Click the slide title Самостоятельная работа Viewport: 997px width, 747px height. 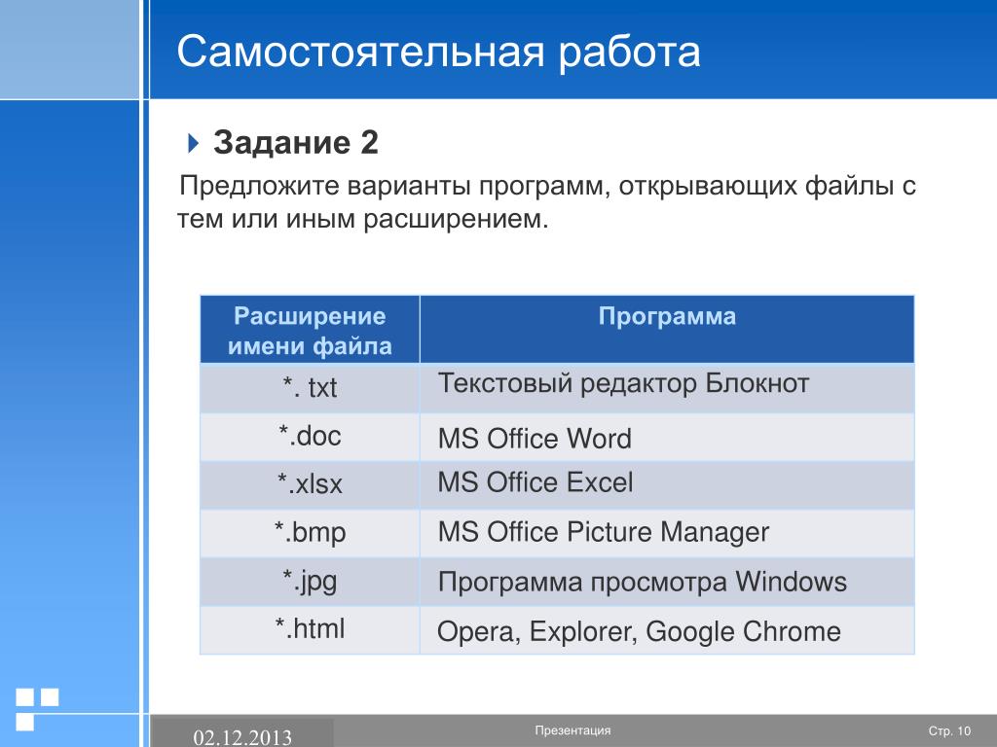tap(438, 52)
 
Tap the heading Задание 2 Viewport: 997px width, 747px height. tap(296, 142)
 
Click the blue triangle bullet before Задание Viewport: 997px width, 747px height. tap(194, 143)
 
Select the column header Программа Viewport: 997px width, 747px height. tap(667, 316)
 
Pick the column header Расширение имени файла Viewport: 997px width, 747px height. tap(310, 331)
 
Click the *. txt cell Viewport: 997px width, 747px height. tap(310, 387)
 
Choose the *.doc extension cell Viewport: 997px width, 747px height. tap(310, 436)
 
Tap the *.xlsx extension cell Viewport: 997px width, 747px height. tap(310, 484)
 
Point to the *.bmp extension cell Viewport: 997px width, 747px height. tap(310, 532)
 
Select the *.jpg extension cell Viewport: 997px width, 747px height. tap(310, 582)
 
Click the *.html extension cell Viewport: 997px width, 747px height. tap(310, 629)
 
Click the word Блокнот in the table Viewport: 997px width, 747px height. tap(757, 383)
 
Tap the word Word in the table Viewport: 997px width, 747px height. tap(599, 439)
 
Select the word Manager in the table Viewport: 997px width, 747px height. tap(715, 532)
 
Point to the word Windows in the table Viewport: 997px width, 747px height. tap(791, 582)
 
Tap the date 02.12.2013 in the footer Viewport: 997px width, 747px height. tap(242, 737)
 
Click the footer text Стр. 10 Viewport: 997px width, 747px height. tap(950, 731)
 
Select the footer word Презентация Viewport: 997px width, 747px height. tap(572, 730)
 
